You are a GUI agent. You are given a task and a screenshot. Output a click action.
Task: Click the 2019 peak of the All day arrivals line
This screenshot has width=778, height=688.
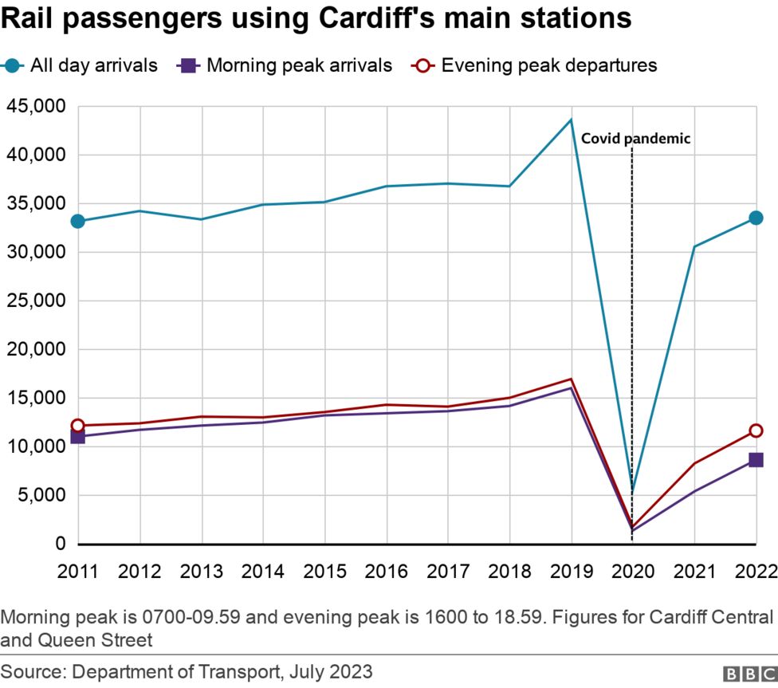click(x=571, y=120)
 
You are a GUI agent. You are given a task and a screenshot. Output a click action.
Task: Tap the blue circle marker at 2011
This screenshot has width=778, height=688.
click(x=77, y=221)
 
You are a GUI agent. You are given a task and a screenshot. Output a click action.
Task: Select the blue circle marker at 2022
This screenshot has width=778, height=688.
click(x=756, y=218)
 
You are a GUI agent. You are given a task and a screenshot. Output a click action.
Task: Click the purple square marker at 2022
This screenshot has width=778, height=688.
click(x=756, y=460)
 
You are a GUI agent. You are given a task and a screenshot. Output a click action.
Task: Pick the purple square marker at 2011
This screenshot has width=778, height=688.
click(x=77, y=436)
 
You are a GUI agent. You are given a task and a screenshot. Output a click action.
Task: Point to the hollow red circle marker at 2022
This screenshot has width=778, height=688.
click(x=756, y=430)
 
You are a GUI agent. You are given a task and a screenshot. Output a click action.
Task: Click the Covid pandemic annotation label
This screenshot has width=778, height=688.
click(x=635, y=139)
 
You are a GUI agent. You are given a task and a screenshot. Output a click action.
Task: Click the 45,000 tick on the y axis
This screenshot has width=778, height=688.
click(x=37, y=106)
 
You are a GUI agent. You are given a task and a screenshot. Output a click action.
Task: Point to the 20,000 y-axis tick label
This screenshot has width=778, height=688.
click(x=37, y=349)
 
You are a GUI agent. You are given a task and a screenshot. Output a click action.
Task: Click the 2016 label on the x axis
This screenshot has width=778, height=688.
click(x=387, y=572)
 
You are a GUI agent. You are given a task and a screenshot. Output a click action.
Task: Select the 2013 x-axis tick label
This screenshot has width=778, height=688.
click(x=202, y=572)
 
